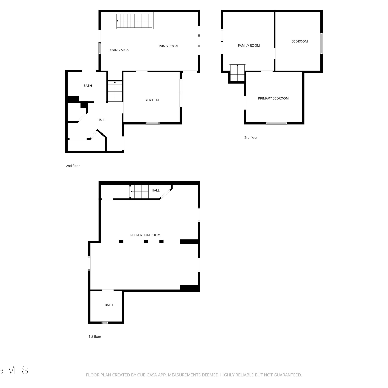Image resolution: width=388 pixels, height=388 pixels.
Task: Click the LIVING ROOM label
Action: coord(168,46)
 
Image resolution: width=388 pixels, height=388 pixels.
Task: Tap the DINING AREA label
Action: coord(118,50)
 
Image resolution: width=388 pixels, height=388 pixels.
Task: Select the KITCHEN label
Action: coord(152,100)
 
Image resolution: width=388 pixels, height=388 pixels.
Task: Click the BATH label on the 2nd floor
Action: coord(88,86)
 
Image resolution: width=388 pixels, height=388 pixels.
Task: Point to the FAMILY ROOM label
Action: coord(249,46)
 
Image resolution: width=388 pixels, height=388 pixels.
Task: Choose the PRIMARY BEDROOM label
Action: coord(273,98)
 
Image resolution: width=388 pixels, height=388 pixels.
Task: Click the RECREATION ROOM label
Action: coord(145,235)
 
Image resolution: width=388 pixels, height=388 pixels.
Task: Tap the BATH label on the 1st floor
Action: coord(109,305)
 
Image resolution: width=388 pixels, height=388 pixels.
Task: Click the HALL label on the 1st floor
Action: coord(156,190)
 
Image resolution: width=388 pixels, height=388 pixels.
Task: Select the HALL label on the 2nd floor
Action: coord(101,120)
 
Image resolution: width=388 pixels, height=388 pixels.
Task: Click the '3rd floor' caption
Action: coord(251,137)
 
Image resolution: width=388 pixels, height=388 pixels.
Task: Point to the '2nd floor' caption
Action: coord(73,166)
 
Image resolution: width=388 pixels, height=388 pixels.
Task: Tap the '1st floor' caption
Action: coord(95,337)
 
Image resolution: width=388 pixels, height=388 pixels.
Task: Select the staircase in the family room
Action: coord(237,73)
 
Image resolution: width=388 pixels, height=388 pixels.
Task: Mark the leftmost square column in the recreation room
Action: coord(121,242)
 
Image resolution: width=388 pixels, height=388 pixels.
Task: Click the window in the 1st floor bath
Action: coord(105,322)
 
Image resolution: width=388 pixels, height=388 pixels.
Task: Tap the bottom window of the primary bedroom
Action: coord(276,123)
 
